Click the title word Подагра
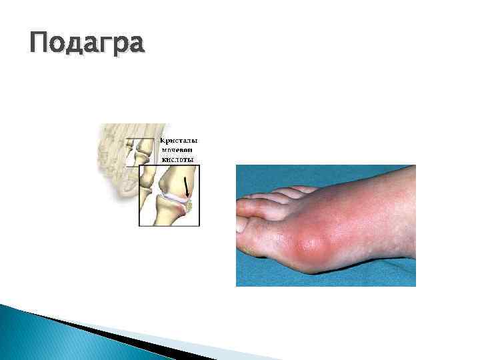pyautogui.click(x=86, y=45)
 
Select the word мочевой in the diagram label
pyautogui.click(x=179, y=150)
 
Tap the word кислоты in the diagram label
pyautogui.click(x=179, y=160)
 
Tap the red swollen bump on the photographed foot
pyautogui.click(x=311, y=243)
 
